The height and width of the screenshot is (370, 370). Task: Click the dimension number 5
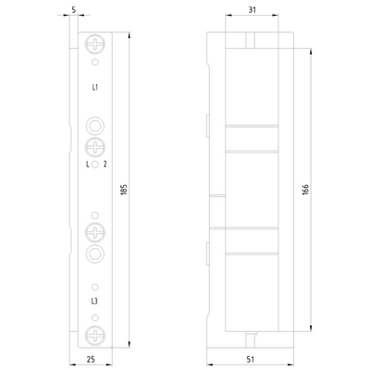pos(74,12)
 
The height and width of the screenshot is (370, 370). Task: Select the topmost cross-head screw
pos(95,44)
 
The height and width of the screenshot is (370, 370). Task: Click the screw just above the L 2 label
pos(95,147)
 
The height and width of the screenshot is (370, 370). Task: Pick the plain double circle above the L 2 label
pos(95,126)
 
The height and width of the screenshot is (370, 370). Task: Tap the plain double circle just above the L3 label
pos(95,253)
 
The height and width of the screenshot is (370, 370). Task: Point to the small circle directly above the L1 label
pos(95,64)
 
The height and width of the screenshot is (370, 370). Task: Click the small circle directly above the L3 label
pos(95,285)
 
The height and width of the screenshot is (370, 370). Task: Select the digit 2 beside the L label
pos(106,165)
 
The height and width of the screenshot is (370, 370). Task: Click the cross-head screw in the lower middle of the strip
pos(95,231)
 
